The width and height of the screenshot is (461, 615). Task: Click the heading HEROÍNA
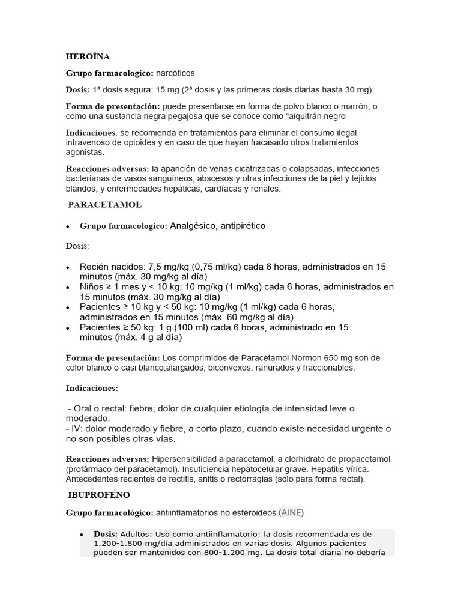click(x=88, y=57)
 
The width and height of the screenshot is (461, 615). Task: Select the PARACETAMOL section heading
click(x=104, y=205)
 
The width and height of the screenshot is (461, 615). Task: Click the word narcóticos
click(x=175, y=73)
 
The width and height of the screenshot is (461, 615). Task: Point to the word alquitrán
click(x=303, y=116)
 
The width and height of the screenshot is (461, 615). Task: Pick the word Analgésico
click(x=193, y=226)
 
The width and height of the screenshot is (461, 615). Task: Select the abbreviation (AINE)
click(x=291, y=512)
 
